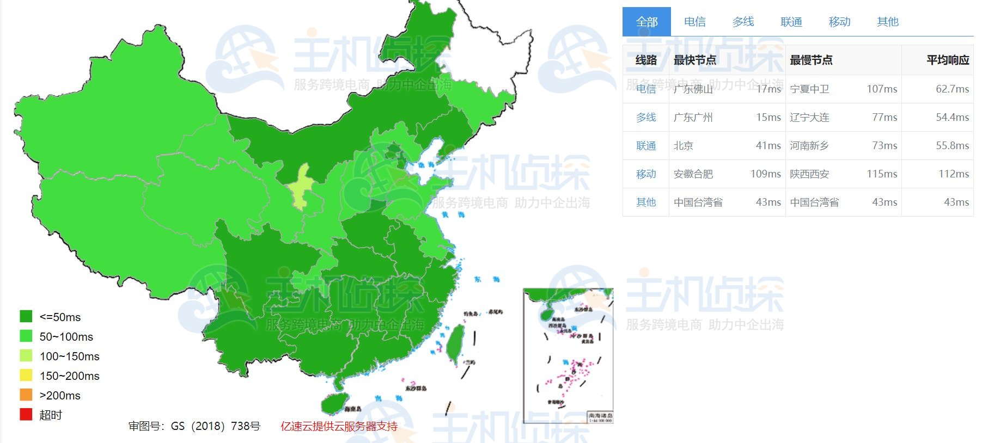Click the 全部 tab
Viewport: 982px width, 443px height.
coord(646,22)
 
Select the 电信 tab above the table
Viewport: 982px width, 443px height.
coord(694,22)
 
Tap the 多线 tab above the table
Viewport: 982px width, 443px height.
coord(743,22)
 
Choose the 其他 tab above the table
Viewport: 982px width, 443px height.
coord(887,22)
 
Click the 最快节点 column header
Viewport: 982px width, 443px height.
coord(694,60)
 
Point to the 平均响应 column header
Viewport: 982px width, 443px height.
coord(948,60)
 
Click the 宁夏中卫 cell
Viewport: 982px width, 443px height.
coord(809,89)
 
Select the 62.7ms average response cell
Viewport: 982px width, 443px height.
coord(952,89)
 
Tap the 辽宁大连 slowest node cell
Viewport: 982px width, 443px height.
coord(809,118)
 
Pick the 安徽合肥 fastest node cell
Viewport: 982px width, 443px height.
coord(693,174)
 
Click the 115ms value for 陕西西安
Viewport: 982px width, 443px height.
coord(882,174)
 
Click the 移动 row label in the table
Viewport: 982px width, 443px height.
coord(646,174)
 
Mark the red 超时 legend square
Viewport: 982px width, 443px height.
coord(26,415)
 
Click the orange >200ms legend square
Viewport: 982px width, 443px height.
coord(26,395)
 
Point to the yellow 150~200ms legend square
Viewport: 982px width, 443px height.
coord(26,376)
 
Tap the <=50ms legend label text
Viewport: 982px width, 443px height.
coord(60,317)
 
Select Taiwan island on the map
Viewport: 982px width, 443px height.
coord(455,343)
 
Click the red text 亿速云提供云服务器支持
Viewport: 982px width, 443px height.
coord(339,426)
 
